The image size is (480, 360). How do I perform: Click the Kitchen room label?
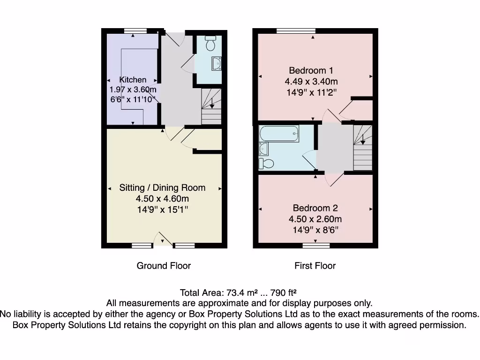point(133,80)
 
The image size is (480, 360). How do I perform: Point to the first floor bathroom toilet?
point(267,164)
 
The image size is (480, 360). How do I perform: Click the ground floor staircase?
point(211,106)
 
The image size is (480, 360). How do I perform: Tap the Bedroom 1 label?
point(311,70)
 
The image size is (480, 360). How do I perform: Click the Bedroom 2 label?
point(315,208)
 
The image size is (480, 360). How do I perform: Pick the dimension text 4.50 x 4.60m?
point(162,199)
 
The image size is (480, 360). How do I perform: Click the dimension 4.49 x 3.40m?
point(311,81)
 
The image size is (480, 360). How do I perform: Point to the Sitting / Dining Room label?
point(162,187)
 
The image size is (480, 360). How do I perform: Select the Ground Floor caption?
point(164,266)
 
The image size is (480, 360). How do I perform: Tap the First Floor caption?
point(315,266)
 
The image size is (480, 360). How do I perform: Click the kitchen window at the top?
point(136,30)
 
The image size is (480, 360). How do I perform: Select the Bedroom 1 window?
point(295,30)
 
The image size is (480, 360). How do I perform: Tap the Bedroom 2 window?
point(315,245)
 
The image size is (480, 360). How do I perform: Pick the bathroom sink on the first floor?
point(263,149)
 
